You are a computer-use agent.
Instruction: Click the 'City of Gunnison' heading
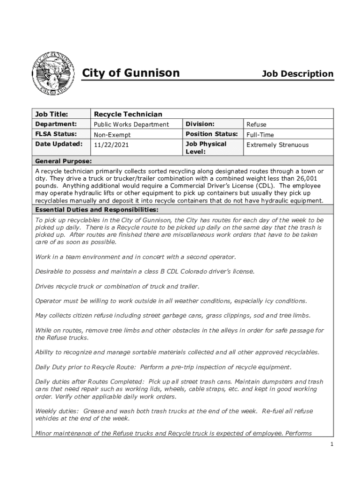pyautogui.click(x=131, y=73)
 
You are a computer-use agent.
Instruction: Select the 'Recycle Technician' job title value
pyautogui.click(x=128, y=114)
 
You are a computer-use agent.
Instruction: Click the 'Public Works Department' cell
pyautogui.click(x=131, y=124)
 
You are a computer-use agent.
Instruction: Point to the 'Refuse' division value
pyautogui.click(x=256, y=124)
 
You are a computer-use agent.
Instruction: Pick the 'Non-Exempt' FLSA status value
pyautogui.click(x=112, y=135)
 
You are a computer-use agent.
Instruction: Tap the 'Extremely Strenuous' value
pyautogui.click(x=278, y=145)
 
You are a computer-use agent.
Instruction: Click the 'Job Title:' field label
pyautogui.click(x=52, y=114)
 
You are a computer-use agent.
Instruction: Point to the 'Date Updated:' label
pyautogui.click(x=59, y=144)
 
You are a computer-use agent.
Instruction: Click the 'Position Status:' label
pyautogui.click(x=212, y=134)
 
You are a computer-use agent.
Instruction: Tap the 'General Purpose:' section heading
pyautogui.click(x=64, y=161)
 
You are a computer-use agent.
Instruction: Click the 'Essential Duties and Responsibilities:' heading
pyautogui.click(x=97, y=209)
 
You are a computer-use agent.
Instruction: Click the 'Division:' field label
pyautogui.click(x=200, y=124)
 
